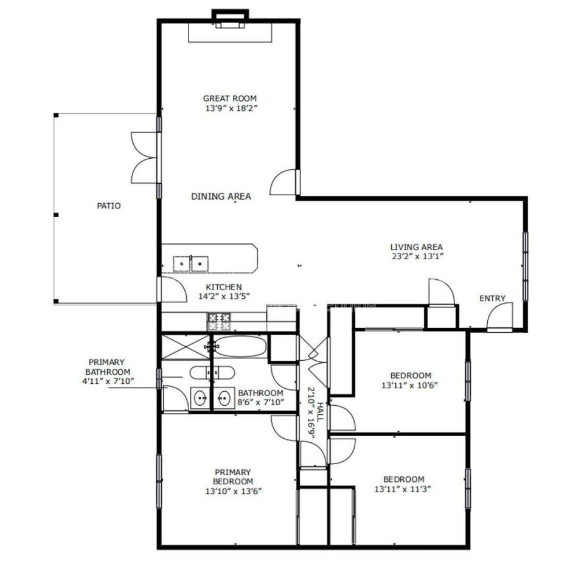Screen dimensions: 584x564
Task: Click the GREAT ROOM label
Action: pyautogui.click(x=229, y=99)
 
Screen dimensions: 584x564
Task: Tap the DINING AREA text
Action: pyautogui.click(x=221, y=197)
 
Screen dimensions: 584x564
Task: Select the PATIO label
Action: pyautogui.click(x=109, y=206)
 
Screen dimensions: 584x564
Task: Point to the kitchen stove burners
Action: pyautogui.click(x=219, y=322)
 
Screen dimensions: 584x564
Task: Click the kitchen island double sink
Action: pyautogui.click(x=190, y=264)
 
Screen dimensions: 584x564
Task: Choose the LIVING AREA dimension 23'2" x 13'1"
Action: pyautogui.click(x=417, y=256)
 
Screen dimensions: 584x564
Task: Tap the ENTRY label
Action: pyautogui.click(x=492, y=298)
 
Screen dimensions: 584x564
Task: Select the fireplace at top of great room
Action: pyautogui.click(x=230, y=26)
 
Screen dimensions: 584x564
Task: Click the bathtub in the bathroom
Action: pyautogui.click(x=241, y=346)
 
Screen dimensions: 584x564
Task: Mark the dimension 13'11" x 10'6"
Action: pyautogui.click(x=409, y=385)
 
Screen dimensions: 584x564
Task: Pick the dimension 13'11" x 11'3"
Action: pyautogui.click(x=403, y=489)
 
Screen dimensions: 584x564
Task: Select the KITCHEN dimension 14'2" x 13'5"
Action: pyautogui.click(x=224, y=296)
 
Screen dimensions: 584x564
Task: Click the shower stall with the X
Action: pyautogui.click(x=186, y=347)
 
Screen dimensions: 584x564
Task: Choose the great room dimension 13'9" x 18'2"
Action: pyautogui.click(x=232, y=108)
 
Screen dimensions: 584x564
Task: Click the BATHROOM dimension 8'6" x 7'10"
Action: pyautogui.click(x=261, y=402)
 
